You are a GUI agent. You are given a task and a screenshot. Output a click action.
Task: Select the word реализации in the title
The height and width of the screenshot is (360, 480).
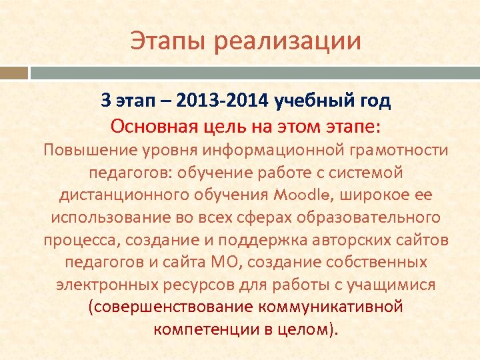288,41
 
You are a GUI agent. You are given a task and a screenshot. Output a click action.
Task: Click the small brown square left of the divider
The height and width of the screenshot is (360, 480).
14,72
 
